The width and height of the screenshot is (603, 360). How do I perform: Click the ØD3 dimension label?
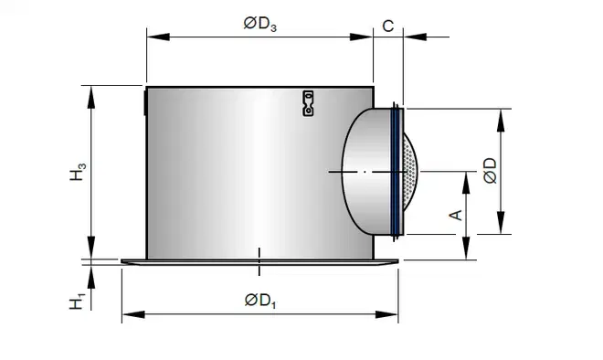(260, 25)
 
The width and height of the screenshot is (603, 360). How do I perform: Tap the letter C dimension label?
(388, 26)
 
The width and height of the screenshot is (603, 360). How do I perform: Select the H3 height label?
(78, 172)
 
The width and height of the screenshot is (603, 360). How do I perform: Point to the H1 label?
(78, 302)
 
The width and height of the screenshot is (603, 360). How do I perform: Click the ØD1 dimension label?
(260, 300)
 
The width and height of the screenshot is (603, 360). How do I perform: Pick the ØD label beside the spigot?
(490, 171)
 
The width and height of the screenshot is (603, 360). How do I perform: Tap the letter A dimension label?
(456, 215)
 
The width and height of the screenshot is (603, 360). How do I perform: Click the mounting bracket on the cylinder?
(308, 103)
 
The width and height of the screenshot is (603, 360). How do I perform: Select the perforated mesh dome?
(410, 172)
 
